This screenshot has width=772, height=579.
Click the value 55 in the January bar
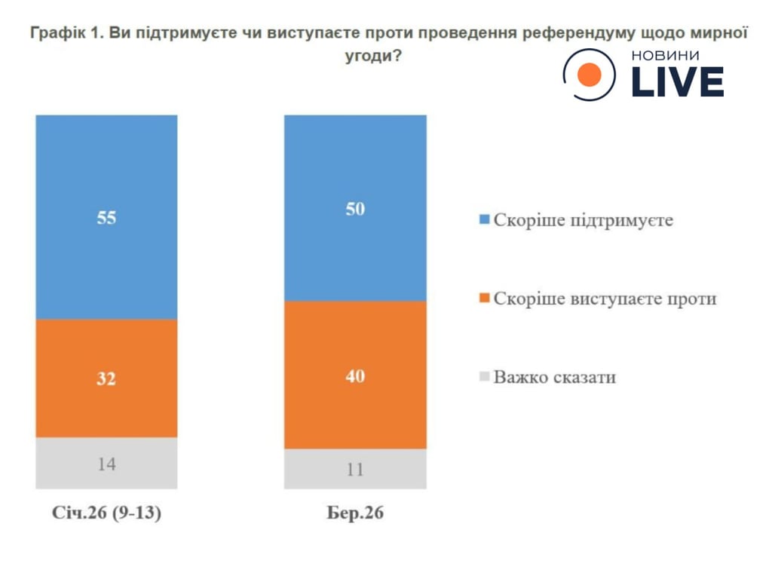point(106,219)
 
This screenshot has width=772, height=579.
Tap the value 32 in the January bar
point(106,379)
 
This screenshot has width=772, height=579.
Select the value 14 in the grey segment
point(106,464)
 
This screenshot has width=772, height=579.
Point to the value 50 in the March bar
point(355,210)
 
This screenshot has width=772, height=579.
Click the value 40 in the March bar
point(355,375)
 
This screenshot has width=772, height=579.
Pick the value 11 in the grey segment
point(355,470)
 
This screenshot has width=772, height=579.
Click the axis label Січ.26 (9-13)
point(106,514)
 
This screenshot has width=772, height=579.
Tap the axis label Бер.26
point(355,514)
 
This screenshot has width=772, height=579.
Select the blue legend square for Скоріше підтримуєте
point(484,221)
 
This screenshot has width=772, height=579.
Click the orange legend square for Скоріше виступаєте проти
point(484,299)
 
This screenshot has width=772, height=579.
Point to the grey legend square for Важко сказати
point(484,376)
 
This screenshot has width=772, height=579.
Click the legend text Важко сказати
point(554,377)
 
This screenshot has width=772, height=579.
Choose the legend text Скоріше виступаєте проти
point(605,299)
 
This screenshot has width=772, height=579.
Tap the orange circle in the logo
point(589,75)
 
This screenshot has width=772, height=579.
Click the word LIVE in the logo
point(676,82)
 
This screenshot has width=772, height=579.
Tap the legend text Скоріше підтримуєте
point(583,222)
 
